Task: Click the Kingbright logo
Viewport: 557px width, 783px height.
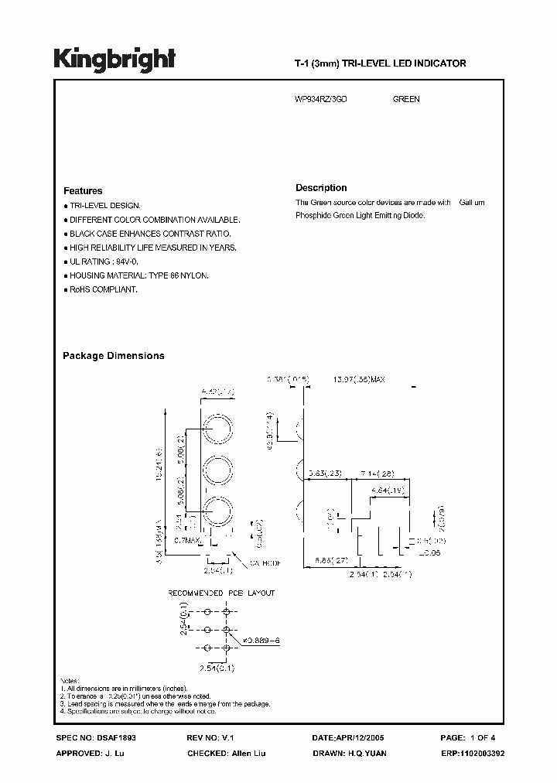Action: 114,59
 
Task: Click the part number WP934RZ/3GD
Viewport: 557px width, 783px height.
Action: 322,100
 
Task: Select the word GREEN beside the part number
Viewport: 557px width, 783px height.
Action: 406,100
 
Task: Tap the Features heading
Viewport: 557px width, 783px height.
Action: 83,191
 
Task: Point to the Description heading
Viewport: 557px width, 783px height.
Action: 321,188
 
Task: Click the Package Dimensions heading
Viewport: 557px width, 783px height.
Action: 113,356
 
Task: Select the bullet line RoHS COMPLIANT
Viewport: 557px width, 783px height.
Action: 103,289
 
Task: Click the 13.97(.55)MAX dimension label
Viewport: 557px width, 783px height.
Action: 359,380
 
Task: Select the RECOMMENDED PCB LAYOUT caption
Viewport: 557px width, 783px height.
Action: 222,593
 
